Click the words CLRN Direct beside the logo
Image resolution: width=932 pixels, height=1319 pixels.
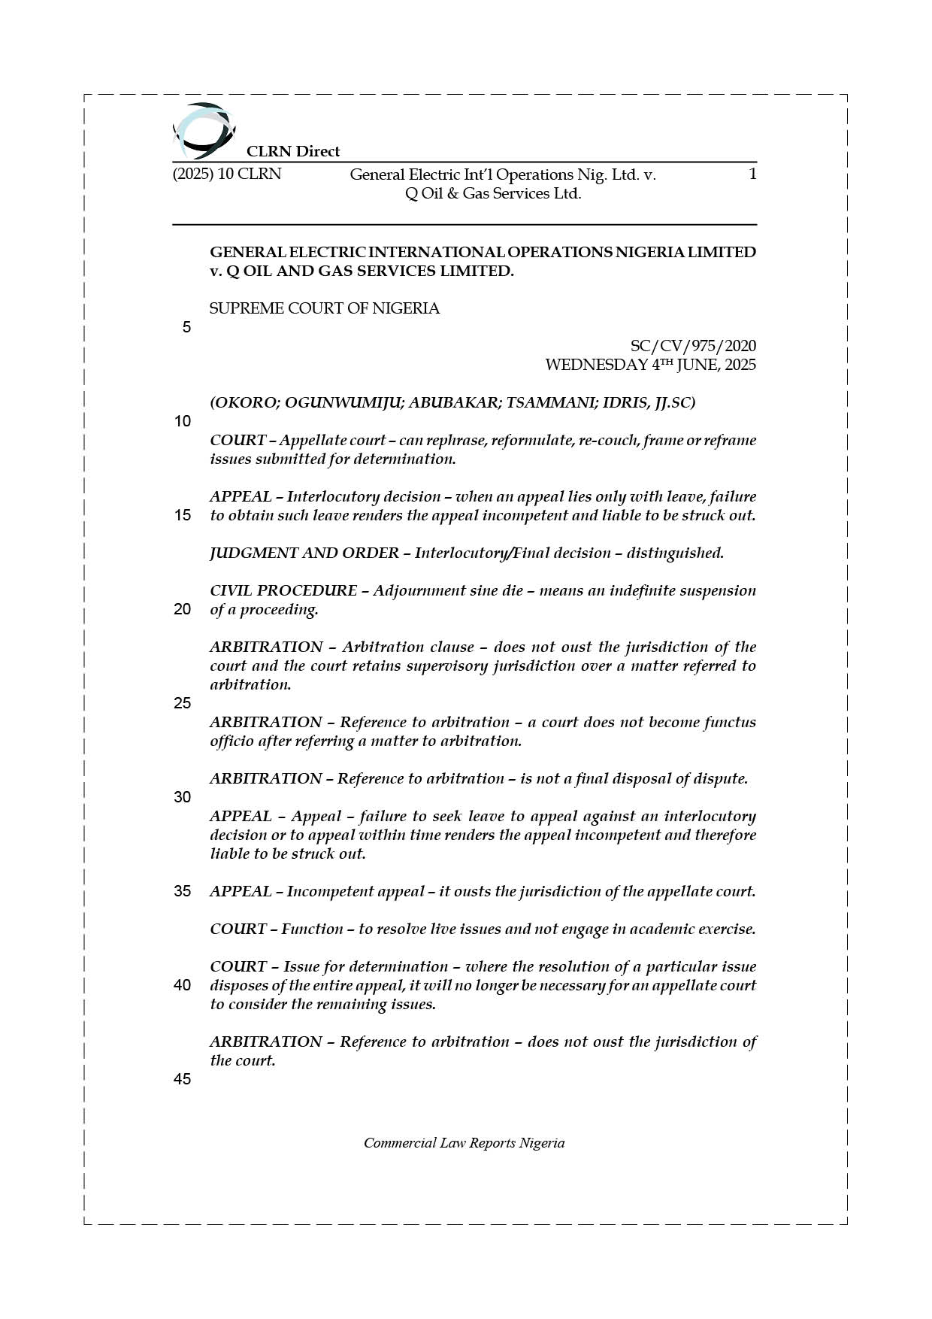click(x=293, y=151)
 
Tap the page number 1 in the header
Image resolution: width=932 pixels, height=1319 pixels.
click(x=752, y=174)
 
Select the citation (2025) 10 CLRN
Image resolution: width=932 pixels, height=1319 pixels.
click(x=227, y=174)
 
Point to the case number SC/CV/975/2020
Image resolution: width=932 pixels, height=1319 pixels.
click(x=693, y=346)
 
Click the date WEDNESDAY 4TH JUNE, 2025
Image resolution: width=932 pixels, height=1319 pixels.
click(x=650, y=365)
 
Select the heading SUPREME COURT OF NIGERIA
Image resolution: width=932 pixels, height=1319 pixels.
click(x=325, y=308)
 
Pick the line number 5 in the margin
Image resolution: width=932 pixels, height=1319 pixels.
click(x=186, y=327)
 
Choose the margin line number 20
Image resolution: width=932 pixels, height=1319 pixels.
click(x=183, y=609)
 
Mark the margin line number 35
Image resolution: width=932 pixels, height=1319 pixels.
click(x=183, y=891)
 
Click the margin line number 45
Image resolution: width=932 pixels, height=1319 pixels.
click(x=183, y=1079)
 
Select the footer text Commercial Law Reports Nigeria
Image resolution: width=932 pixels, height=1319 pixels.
click(x=464, y=1143)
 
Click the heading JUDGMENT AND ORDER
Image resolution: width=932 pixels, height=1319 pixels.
click(x=304, y=553)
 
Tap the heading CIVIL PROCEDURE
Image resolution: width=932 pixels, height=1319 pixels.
click(x=283, y=590)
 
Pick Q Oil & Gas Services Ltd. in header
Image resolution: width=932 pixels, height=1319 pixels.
click(x=493, y=193)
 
